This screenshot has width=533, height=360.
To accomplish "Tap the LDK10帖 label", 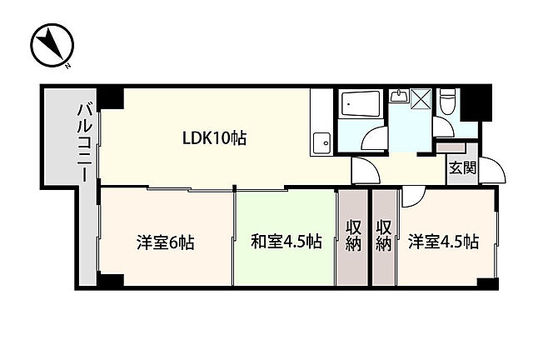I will [x=214, y=138].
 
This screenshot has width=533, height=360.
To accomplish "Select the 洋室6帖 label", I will [x=166, y=242].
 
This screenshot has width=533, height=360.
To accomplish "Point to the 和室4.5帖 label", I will [x=286, y=242].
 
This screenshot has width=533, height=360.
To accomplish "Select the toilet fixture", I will [x=446, y=103].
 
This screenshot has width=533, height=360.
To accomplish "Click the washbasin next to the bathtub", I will [x=398, y=97].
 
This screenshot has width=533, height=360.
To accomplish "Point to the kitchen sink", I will [x=319, y=143].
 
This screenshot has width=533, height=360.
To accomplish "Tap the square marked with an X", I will [x=421, y=99].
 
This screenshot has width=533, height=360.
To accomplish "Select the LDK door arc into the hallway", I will [x=365, y=170].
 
